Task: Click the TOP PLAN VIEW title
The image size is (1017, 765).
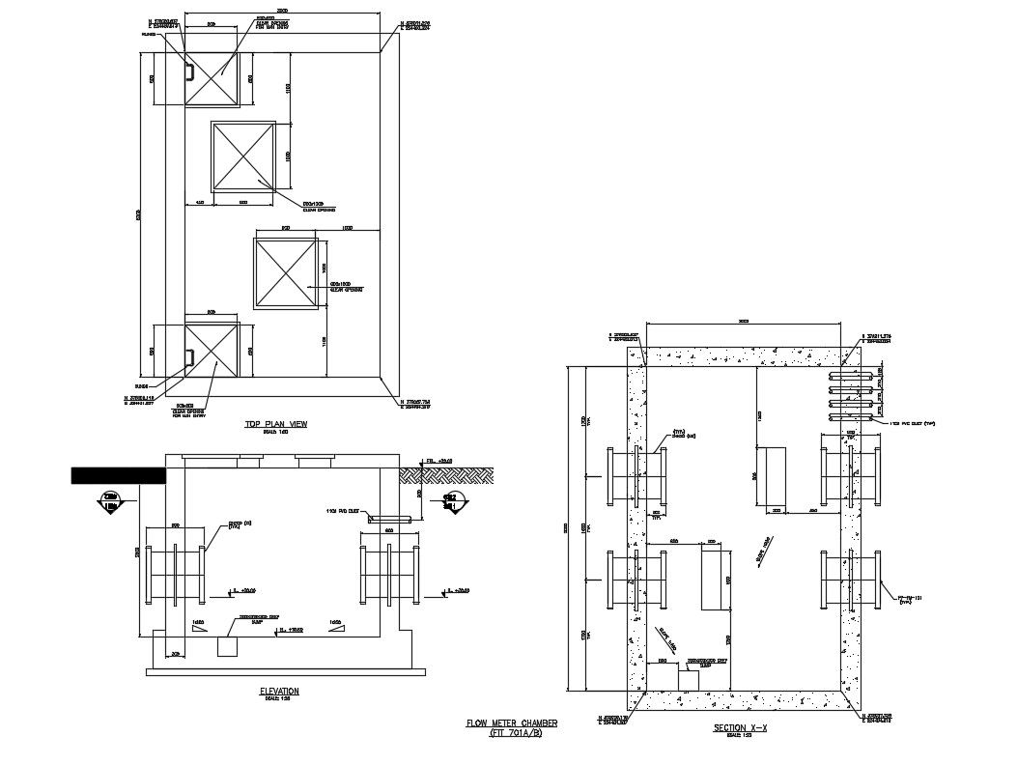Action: pos(269,424)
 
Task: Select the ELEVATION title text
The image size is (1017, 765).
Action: pos(279,691)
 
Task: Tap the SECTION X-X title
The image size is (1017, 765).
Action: pos(740,727)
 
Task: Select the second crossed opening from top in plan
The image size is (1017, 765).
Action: pos(243,156)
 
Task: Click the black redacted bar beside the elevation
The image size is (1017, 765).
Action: pos(119,474)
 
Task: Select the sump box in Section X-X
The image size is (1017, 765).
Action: pos(688,679)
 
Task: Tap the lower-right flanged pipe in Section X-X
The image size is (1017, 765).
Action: pos(851,579)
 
